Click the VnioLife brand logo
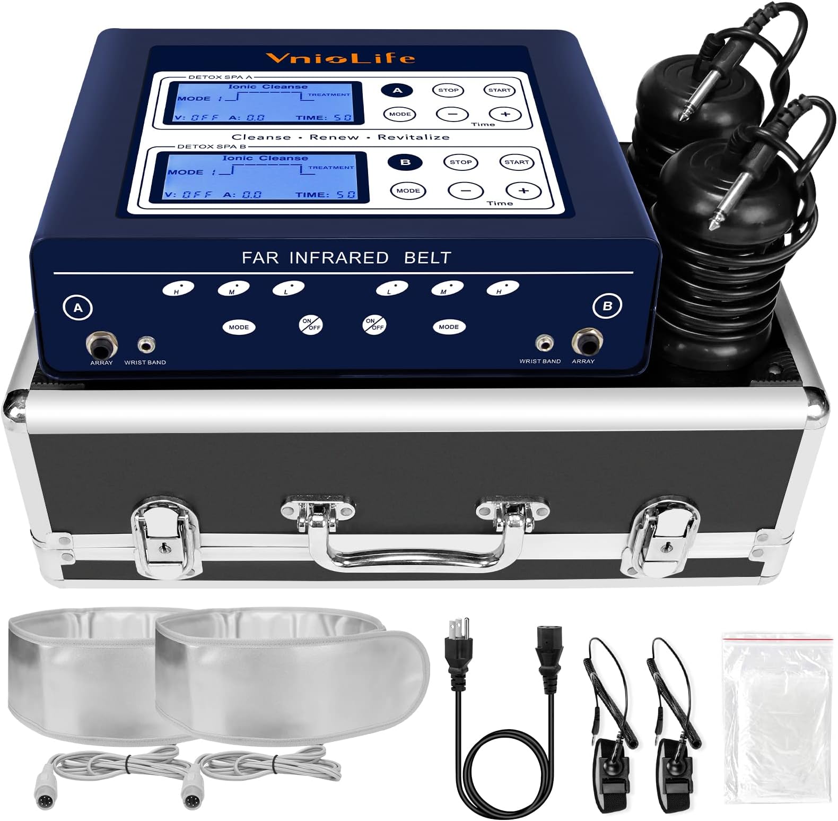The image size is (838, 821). [340, 57]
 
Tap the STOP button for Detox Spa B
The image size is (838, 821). [460, 162]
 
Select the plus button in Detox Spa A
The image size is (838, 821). [505, 114]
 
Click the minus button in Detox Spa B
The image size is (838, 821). [465, 191]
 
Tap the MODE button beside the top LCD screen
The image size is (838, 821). [400, 114]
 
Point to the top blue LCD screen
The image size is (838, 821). [264, 102]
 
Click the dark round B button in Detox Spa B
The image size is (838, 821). [406, 162]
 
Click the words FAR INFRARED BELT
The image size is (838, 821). [346, 258]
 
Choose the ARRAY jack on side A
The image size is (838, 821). [101, 345]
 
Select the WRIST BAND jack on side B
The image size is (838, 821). [543, 343]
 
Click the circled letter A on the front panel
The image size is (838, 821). [78, 308]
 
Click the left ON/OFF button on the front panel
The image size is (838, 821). [311, 324]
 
